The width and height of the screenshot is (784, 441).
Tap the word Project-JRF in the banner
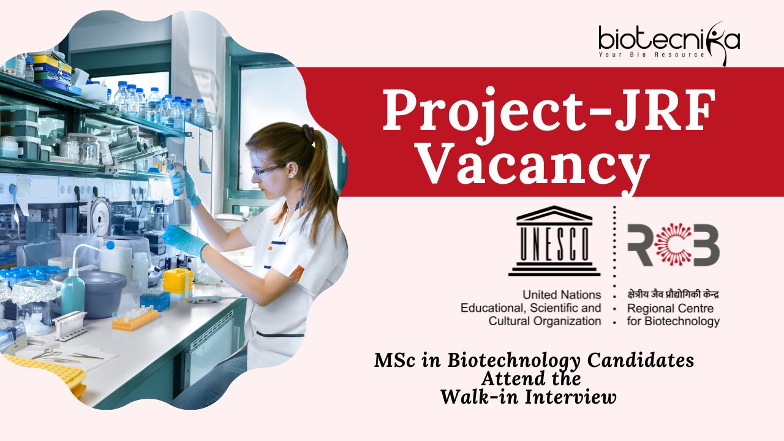coord(548,111)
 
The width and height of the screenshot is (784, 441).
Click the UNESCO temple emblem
coord(554,241)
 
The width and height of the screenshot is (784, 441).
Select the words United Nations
coord(562,295)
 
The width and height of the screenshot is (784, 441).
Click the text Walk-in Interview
coord(529,398)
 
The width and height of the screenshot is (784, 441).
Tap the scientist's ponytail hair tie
coord(308,134)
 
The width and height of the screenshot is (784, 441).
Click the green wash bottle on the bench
coord(73,293)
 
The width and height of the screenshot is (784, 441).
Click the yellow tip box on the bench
coord(178,283)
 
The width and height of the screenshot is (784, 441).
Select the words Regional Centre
coord(670,308)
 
